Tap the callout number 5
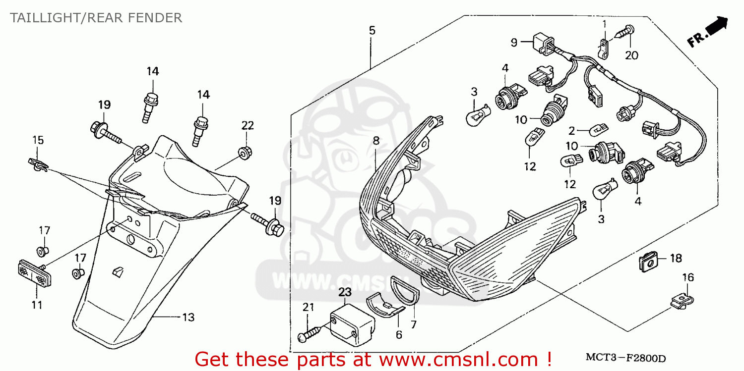click(372, 31)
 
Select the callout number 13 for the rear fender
click(188, 317)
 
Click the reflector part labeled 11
click(32, 273)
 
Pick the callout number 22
click(248, 125)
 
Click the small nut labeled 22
click(244, 153)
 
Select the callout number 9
click(514, 42)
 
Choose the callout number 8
click(376, 141)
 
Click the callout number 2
click(571, 131)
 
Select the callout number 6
click(399, 334)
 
